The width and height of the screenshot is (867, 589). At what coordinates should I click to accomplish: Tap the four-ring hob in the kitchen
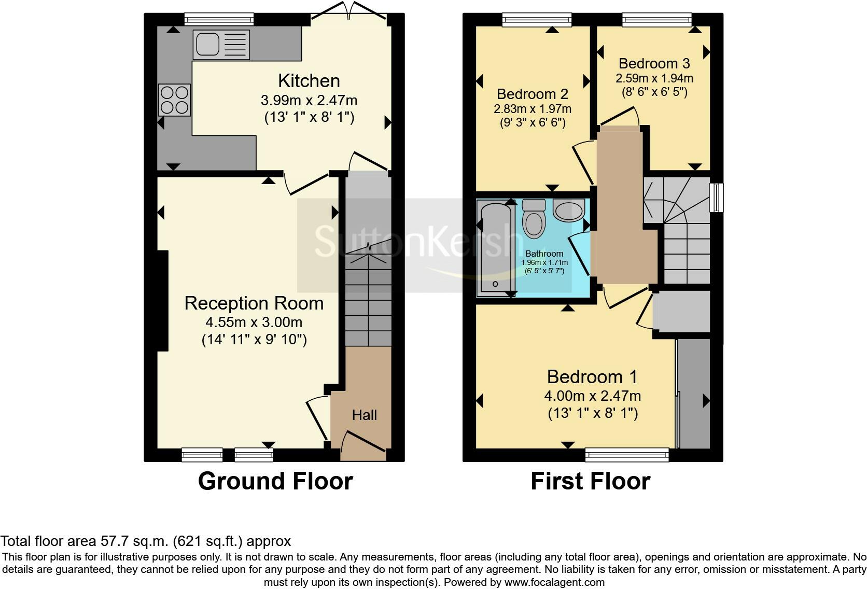174,100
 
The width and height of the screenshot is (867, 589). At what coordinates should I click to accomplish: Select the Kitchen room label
309,81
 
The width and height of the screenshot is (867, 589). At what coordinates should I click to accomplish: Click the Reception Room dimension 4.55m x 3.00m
254,322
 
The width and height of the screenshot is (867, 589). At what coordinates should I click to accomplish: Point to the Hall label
364,415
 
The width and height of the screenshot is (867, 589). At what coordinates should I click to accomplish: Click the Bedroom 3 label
654,64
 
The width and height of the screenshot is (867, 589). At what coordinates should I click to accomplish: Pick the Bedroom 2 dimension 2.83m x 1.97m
532,109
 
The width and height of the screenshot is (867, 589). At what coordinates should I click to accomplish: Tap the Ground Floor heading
275,481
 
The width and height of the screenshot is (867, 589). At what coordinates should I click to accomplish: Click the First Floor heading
590,481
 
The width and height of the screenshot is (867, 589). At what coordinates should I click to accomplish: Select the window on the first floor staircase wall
716,197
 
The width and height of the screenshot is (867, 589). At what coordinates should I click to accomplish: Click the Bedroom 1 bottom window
627,455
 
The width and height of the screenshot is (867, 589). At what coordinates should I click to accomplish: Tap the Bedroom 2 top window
537,20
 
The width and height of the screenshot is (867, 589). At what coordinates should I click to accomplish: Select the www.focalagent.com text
554,582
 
